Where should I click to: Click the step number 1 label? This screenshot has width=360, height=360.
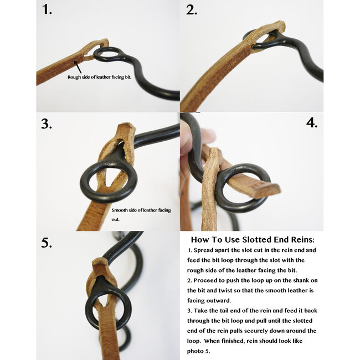coord(47,10)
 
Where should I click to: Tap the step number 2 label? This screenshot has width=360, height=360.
coord(191,10)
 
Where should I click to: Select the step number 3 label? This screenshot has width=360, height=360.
coord(47,124)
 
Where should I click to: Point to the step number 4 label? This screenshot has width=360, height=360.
coord(312,122)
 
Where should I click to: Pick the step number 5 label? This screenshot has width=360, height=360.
coord(47,243)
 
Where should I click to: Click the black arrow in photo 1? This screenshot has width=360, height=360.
coord(78,67)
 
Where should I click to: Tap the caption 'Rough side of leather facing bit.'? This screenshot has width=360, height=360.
coord(99,77)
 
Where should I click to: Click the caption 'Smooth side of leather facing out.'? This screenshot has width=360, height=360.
coord(141,215)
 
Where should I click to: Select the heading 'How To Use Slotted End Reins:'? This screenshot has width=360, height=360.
coord(253,240)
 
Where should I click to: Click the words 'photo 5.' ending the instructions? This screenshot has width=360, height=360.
coord(199,351)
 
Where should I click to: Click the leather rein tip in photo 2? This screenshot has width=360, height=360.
coord(279,27)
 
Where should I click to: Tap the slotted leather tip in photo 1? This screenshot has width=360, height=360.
coord(105,43)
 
